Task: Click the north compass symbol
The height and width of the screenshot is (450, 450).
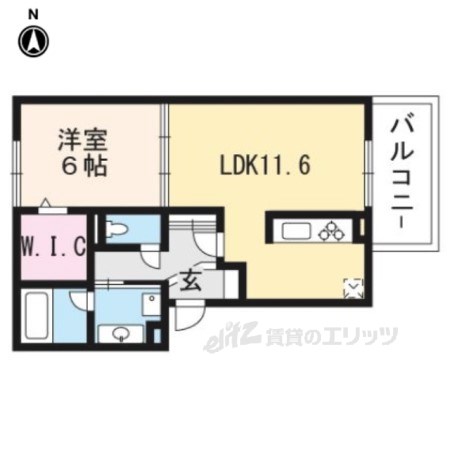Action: [33, 41]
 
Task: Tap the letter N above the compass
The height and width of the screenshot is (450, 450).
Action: [33, 15]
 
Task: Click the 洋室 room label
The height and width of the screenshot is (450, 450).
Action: [83, 140]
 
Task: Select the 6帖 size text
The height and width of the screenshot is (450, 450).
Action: [83, 166]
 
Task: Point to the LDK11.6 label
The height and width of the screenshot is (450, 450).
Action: [265, 165]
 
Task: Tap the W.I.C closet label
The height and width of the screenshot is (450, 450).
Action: [54, 247]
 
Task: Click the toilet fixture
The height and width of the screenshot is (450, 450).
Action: [116, 229]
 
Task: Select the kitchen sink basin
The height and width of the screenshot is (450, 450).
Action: [296, 231]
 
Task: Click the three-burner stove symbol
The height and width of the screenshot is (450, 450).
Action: [331, 231]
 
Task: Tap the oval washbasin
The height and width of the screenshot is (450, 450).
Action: [121, 333]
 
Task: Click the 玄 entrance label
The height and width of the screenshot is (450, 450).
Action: [190, 281]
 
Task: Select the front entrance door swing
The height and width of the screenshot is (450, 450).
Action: [190, 315]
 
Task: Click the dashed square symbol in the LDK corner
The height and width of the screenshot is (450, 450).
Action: [353, 288]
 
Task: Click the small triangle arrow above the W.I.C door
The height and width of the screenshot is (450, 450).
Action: [45, 203]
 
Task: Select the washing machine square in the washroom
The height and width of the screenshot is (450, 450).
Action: [152, 304]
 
